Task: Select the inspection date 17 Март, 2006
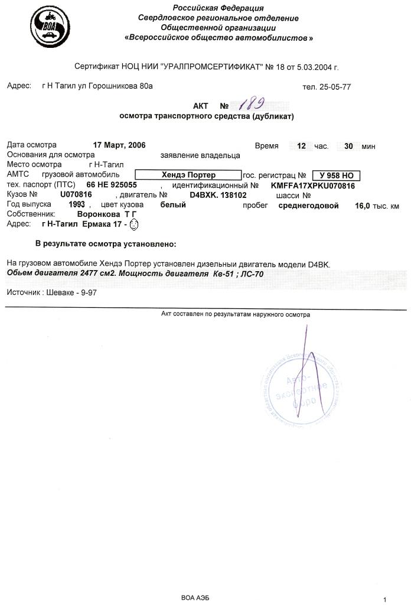point(119,145)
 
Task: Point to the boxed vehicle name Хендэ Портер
point(188,175)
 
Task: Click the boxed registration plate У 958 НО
point(335,175)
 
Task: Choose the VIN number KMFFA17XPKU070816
point(313,185)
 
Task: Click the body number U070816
point(76,194)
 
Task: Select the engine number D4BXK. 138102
point(218,194)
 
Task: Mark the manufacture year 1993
point(77,204)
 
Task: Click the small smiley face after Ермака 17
point(133,225)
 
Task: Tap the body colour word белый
point(173,205)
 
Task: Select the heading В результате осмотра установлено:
point(106,243)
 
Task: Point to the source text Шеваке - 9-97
point(70,292)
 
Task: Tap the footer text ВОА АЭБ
point(194,598)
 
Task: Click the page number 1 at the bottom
point(384,600)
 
